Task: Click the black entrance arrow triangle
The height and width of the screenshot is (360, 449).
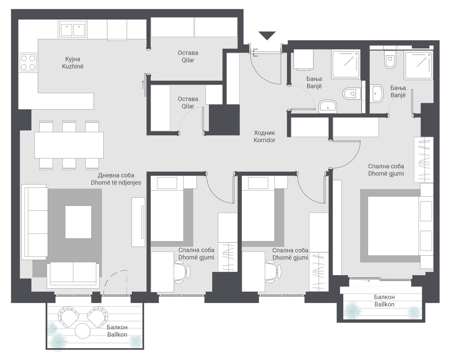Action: point(267,35)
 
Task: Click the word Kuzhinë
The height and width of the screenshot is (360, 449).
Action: point(73,66)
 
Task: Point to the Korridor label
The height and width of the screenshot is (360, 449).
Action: point(264,140)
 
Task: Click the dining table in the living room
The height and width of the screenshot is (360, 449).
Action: point(69,145)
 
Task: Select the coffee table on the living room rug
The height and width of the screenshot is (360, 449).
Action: point(78,222)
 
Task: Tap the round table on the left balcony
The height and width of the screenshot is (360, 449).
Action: point(83,331)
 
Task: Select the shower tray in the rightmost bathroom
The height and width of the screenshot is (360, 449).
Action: point(418,65)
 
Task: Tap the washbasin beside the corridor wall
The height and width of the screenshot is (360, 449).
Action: point(328,107)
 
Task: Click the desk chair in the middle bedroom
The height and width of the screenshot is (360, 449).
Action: point(273,271)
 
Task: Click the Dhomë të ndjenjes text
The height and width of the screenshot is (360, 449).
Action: point(116,183)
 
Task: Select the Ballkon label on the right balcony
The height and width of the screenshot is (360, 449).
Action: point(384,305)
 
